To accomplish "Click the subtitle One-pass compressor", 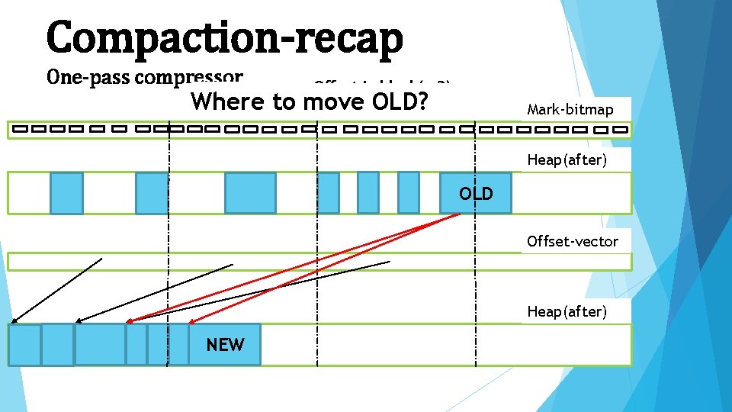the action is point(145,77).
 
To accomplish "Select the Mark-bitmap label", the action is point(570,110).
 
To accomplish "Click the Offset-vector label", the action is point(573,242).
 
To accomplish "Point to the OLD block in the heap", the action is point(475,193).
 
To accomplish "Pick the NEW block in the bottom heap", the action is point(225,345).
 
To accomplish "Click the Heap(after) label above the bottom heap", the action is point(567,311).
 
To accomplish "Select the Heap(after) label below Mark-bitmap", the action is point(567,160).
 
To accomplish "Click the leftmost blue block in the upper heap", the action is point(66,193).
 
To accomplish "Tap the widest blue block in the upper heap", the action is point(250,193).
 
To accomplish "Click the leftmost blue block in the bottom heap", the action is point(24,345).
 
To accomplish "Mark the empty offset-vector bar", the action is point(319,262).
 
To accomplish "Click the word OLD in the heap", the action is point(476,194).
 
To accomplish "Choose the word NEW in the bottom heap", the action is point(225,345).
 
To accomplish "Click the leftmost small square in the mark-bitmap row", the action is point(20,129).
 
